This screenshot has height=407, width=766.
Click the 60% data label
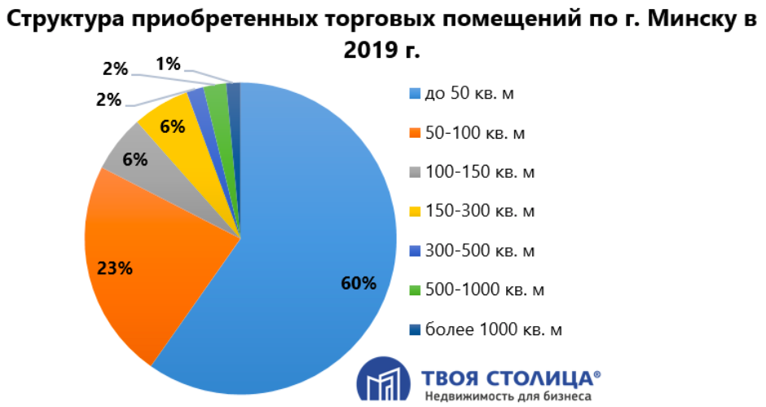[x=359, y=284]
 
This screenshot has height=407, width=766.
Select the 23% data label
[x=114, y=268]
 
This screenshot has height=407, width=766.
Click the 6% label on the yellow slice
[x=173, y=127]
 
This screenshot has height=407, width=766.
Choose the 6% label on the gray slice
[x=134, y=159]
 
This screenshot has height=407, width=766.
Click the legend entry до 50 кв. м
[x=468, y=94]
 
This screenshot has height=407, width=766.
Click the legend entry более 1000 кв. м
[x=493, y=329]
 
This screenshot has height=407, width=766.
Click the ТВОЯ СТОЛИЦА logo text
[x=511, y=378]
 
